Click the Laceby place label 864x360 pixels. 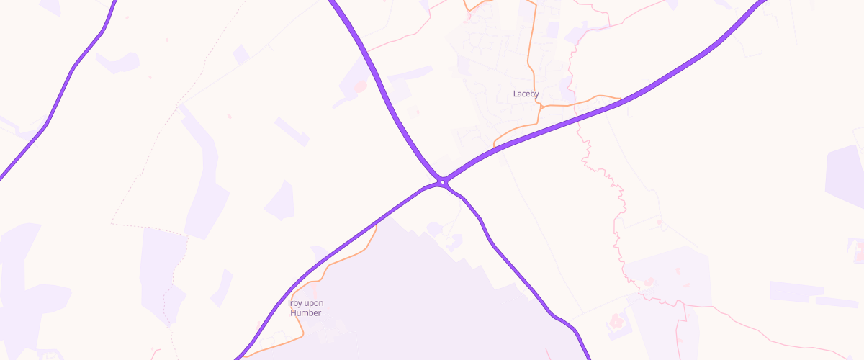pyautogui.click(x=526, y=94)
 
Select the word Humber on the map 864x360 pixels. pyautogui.click(x=305, y=312)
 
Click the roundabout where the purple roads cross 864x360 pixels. pyautogui.click(x=442, y=182)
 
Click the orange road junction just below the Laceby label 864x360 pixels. pyautogui.click(x=539, y=106)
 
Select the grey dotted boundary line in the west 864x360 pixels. pyautogui.click(x=144, y=166)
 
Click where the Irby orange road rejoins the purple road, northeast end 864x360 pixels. pyautogui.click(x=376, y=227)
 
